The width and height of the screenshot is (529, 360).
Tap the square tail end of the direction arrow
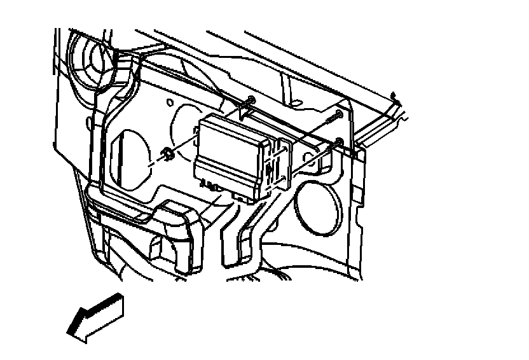(x=116, y=306)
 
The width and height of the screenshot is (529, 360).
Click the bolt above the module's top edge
(x=251, y=100)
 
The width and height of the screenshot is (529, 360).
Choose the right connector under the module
(x=240, y=197)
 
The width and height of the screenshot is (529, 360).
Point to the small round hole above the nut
(x=170, y=102)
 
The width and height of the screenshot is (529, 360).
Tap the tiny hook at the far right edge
(x=394, y=97)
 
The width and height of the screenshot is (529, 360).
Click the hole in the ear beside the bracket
(x=310, y=155)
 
